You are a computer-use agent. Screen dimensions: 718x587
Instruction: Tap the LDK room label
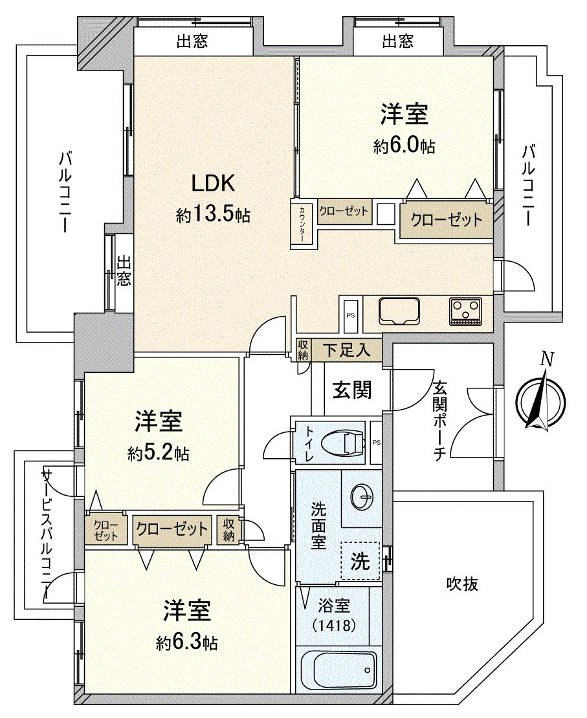[x=212, y=185]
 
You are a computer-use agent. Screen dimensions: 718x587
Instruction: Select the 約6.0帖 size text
[x=403, y=147]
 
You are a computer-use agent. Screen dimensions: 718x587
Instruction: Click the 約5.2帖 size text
[x=158, y=454]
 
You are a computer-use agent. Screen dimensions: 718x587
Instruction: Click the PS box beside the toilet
[x=377, y=443]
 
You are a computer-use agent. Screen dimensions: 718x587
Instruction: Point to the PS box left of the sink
[x=351, y=315]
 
